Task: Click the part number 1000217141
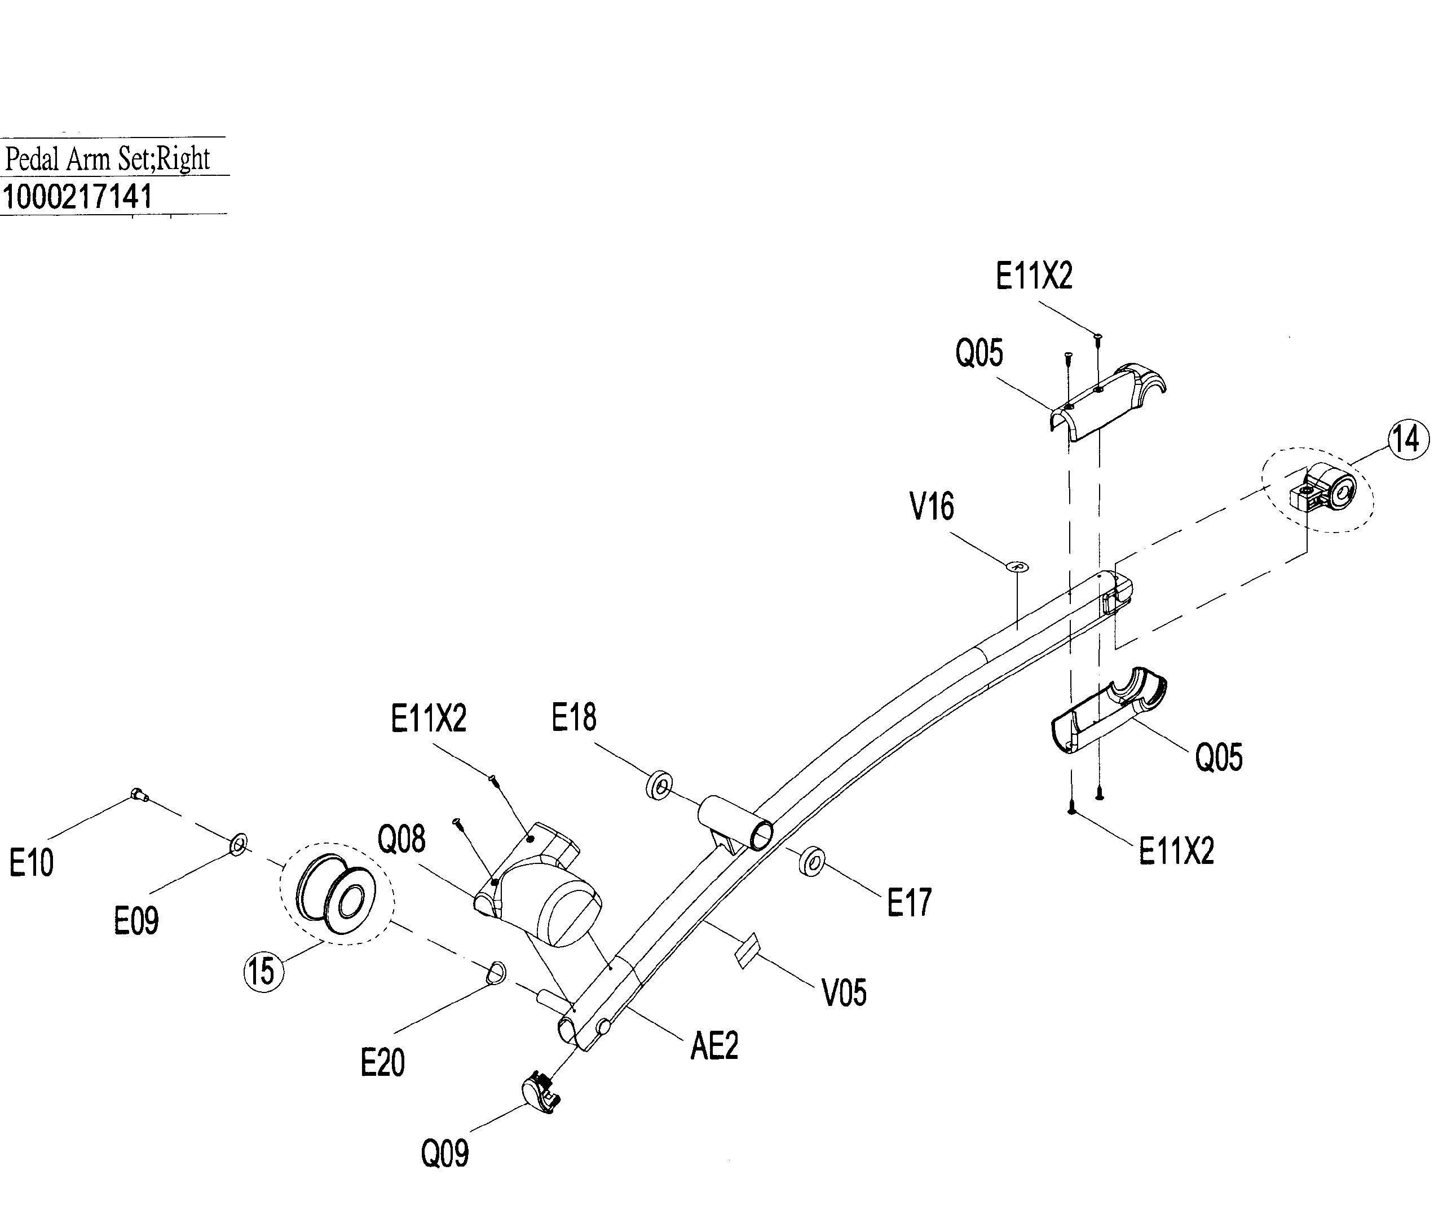pyautogui.click(x=77, y=197)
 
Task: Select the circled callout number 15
pyautogui.click(x=263, y=972)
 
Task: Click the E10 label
pyautogui.click(x=31, y=863)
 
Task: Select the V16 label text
pyautogui.click(x=932, y=507)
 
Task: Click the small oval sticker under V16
pyautogui.click(x=1017, y=566)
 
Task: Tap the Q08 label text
pyautogui.click(x=401, y=839)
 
